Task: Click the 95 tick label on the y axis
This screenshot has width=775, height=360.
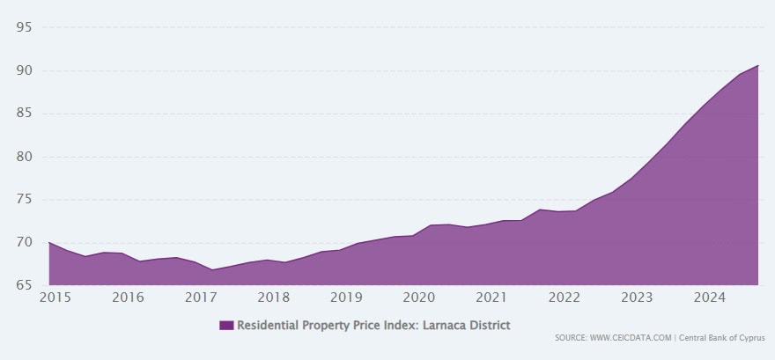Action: pos(24,27)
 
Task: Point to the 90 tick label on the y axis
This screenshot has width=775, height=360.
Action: pos(24,70)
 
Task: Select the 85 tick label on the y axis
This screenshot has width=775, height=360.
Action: pos(24,113)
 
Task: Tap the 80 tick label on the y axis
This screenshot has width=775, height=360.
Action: pos(24,157)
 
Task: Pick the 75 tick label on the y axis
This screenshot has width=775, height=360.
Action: pos(24,200)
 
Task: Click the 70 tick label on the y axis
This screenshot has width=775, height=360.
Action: pos(24,242)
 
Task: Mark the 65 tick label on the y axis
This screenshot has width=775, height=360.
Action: pos(24,285)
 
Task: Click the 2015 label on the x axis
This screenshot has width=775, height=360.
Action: pos(55,298)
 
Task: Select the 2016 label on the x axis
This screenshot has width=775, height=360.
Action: pos(128,298)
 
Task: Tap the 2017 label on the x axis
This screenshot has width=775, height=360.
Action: pos(201,298)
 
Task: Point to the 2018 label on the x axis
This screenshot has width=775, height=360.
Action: pos(274,298)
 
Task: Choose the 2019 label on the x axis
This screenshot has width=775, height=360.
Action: pos(346,298)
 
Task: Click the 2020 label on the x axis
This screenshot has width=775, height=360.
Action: pos(419,298)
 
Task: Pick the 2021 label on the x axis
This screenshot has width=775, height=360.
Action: pos(491,298)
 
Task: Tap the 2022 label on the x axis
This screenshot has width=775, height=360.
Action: pos(565,298)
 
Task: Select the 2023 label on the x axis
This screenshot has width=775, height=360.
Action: pos(637,298)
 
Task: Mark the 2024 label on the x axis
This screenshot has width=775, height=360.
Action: pos(709,298)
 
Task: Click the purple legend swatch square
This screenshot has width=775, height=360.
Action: pos(226,326)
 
